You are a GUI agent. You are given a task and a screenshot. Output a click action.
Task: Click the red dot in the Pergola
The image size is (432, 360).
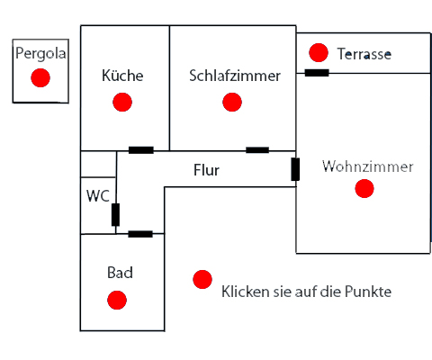point(40,77)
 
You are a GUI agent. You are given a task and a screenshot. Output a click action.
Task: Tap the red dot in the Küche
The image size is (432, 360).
point(122,102)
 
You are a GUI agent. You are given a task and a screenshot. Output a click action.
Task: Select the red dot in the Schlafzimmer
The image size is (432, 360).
point(232,102)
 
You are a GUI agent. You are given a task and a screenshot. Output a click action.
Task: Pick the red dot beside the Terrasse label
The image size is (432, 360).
point(319,52)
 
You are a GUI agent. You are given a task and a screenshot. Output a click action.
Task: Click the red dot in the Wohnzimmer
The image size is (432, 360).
point(364,188)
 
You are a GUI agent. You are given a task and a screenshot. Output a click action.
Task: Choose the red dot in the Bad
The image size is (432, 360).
point(117,300)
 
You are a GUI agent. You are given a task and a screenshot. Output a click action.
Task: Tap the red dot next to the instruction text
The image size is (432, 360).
point(202,279)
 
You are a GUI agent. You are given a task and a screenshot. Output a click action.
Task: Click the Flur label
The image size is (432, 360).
point(206,170)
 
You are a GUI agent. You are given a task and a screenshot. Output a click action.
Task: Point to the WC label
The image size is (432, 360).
point(98,196)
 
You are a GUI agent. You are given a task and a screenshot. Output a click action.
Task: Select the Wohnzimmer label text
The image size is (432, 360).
point(368,166)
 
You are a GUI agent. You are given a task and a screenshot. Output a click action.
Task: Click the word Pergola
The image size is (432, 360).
point(40,54)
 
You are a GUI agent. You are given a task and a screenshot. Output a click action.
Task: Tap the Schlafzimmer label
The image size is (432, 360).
point(235,76)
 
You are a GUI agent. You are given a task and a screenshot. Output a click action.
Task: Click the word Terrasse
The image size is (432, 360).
point(364,54)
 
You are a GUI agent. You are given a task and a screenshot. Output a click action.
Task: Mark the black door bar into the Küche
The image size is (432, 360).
point(141,150)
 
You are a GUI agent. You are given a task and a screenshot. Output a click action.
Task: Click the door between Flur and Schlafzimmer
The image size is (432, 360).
point(257,150)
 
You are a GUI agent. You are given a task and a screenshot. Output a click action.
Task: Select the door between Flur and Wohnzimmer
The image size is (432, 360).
point(295,169)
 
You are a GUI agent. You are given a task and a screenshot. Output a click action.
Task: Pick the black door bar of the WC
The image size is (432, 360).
point(115,214)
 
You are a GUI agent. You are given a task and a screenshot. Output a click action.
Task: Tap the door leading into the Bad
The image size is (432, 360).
point(140,234)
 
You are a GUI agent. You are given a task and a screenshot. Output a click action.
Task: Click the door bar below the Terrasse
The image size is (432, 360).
point(317,73)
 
